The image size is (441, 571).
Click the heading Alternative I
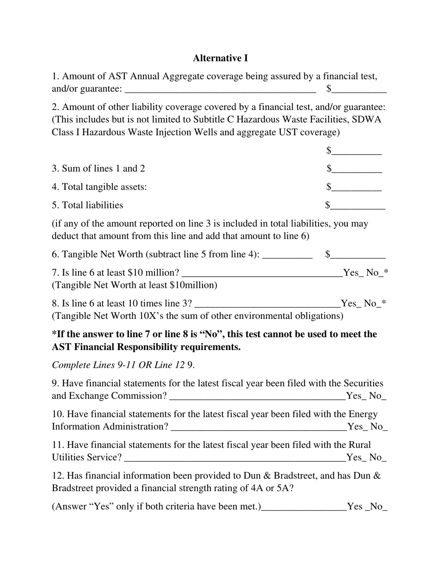coord(220,58)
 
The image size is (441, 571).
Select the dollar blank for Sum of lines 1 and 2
coord(357,169)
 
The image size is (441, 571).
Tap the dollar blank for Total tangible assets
coord(357,188)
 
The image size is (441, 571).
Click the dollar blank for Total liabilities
coord(358,206)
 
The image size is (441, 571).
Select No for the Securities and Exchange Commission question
coord(378,396)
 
